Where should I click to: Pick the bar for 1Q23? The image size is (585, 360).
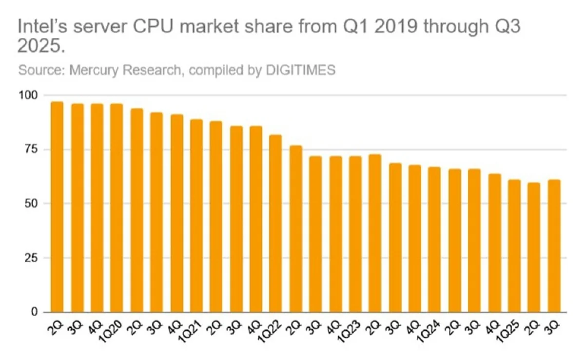(355, 234)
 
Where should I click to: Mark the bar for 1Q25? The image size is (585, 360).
(514, 246)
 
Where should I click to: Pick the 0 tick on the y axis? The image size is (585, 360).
(34, 312)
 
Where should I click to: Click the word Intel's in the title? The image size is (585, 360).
(41, 27)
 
